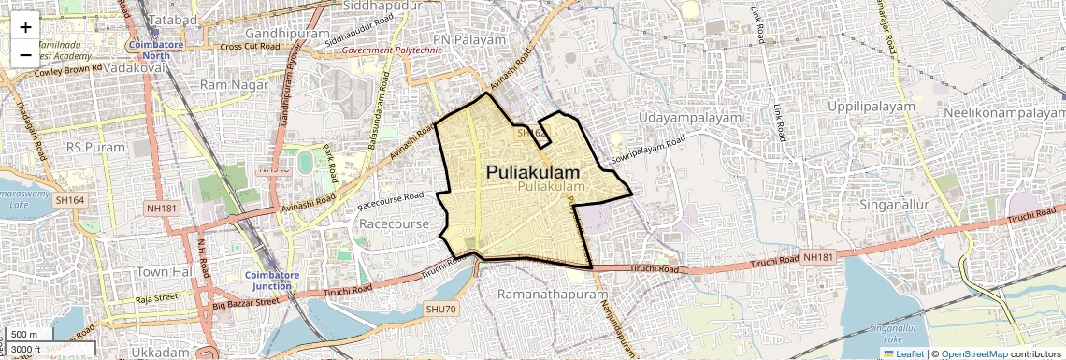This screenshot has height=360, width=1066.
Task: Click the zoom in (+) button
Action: click(25, 26)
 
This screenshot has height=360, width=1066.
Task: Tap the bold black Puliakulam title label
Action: click(532, 173)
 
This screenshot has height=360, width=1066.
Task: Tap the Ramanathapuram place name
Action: click(540, 295)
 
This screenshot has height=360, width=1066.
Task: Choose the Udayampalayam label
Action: click(691, 118)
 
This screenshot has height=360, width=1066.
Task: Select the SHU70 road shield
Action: click(439, 309)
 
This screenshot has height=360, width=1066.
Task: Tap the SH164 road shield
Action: click(70, 199)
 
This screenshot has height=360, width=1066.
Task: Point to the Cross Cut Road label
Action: click(250, 46)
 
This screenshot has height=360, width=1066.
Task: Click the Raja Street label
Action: click(155, 299)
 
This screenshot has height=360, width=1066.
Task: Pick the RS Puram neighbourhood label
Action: click(94, 147)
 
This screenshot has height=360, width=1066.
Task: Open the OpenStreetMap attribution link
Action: click(974, 353)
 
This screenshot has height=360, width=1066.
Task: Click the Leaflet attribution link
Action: click(904, 353)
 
